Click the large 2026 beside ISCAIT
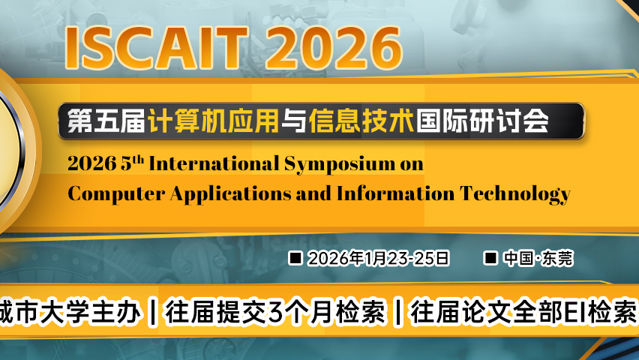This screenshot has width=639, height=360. click(x=330, y=46)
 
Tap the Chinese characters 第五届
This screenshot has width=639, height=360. click(x=104, y=120)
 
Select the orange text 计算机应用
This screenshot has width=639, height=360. click(x=211, y=120)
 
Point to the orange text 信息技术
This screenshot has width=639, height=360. click(x=361, y=120)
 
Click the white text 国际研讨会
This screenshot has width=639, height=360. click(x=481, y=120)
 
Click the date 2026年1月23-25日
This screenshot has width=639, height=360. click(x=379, y=258)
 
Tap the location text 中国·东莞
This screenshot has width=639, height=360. click(x=538, y=258)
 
